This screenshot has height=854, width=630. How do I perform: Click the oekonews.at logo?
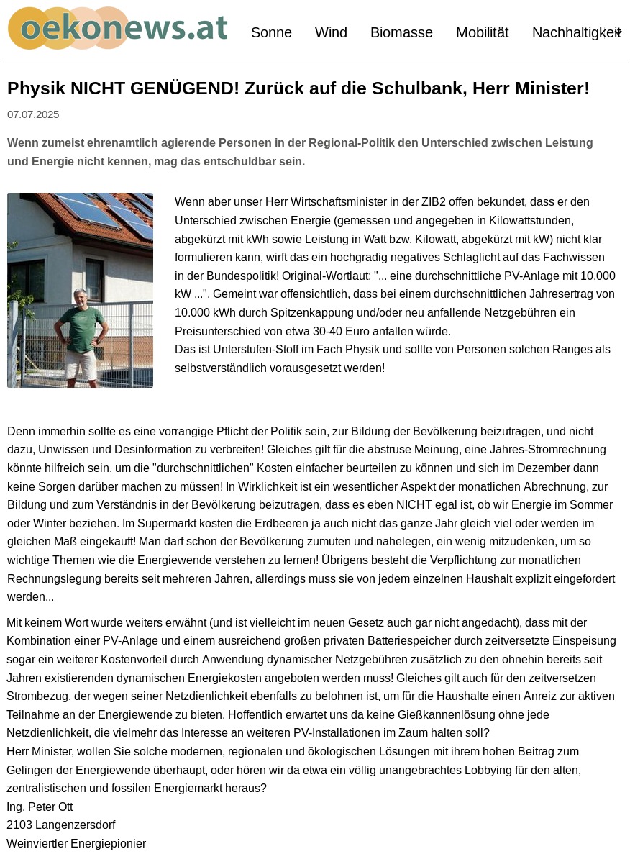pos(118,29)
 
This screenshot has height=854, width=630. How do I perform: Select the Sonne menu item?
pos(271,33)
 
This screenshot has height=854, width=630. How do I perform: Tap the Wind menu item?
pos(331,33)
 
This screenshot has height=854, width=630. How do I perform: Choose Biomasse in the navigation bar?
pos(401,33)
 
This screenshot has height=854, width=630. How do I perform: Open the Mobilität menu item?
pos(482,33)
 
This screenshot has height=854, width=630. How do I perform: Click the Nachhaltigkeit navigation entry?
pos(575,33)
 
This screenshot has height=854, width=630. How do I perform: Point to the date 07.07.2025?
pos(33,114)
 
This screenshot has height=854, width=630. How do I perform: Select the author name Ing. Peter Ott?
pos(40,807)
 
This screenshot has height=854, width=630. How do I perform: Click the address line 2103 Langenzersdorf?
pos(61,825)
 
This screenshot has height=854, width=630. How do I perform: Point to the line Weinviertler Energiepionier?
pos(76,843)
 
